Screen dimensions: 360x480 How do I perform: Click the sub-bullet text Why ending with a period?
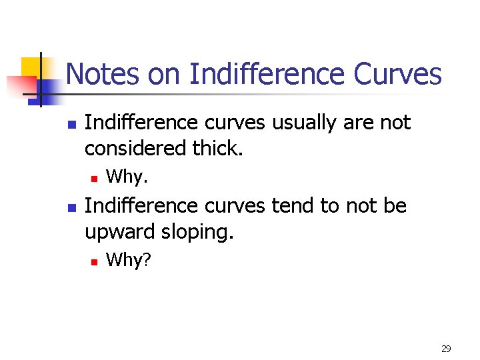click(x=127, y=177)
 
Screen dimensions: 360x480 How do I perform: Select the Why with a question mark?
click(x=129, y=259)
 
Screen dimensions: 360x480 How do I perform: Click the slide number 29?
click(x=446, y=348)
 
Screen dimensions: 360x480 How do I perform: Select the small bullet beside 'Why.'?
click(x=95, y=178)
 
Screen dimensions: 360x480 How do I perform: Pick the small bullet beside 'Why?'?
click(x=95, y=261)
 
